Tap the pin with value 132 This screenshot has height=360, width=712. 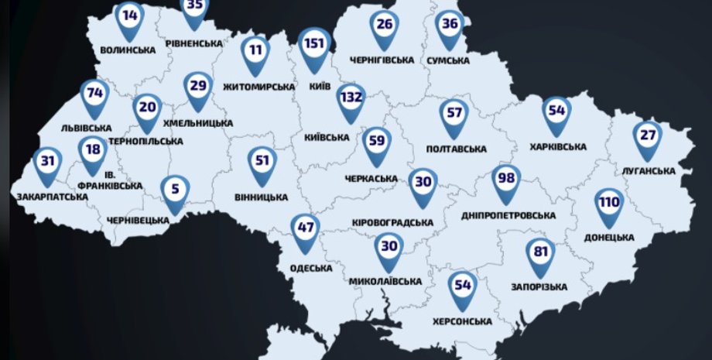coord(351,99)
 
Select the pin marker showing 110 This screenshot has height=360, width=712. coord(609,204)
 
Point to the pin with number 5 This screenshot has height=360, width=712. coord(175,190)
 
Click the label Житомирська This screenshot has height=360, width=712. coord(258,87)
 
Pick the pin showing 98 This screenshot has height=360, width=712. coord(507,180)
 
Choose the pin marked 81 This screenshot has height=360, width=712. coord(540,254)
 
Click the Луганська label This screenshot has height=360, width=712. coord(649,170)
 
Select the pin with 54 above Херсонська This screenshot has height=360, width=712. coord(463,287)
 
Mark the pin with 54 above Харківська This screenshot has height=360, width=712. coord(557,113)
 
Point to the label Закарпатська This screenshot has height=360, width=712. coord(52,197)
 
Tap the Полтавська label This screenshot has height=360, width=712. coord(456,149)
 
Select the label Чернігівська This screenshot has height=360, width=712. coord(383,60)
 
